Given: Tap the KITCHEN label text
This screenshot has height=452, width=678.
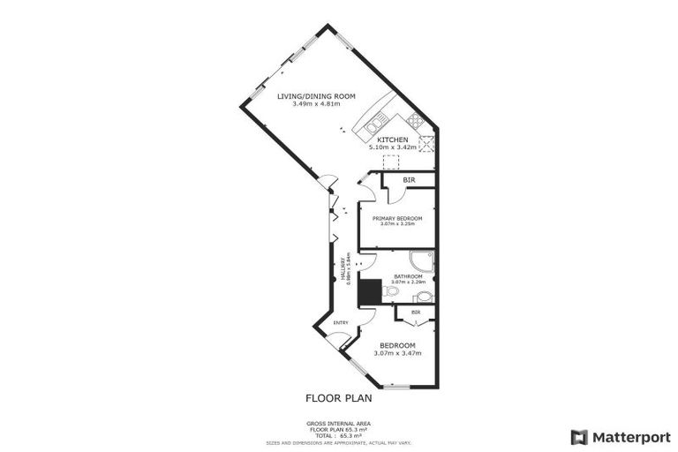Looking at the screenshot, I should click(393, 140).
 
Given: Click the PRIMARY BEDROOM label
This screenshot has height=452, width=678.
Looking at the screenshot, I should click(396, 218).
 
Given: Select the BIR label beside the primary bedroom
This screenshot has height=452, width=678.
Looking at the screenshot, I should click(408, 180).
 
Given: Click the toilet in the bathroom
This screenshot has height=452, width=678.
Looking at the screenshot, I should click(393, 290).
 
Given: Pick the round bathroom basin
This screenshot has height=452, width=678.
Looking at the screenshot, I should click(423, 298).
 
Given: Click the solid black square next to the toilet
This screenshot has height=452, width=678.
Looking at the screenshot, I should click(370, 292).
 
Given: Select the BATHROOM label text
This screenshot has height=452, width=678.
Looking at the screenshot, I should click(408, 276).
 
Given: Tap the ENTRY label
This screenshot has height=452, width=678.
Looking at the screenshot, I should click(341, 322).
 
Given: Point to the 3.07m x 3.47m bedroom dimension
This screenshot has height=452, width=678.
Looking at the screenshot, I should click(396, 354).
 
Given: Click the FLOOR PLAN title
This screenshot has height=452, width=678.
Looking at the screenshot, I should click(339, 398).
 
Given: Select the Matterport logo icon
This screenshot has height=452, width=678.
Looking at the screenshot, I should click(579, 437).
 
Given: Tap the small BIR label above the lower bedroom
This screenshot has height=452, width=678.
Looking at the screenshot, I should click(415, 313).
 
